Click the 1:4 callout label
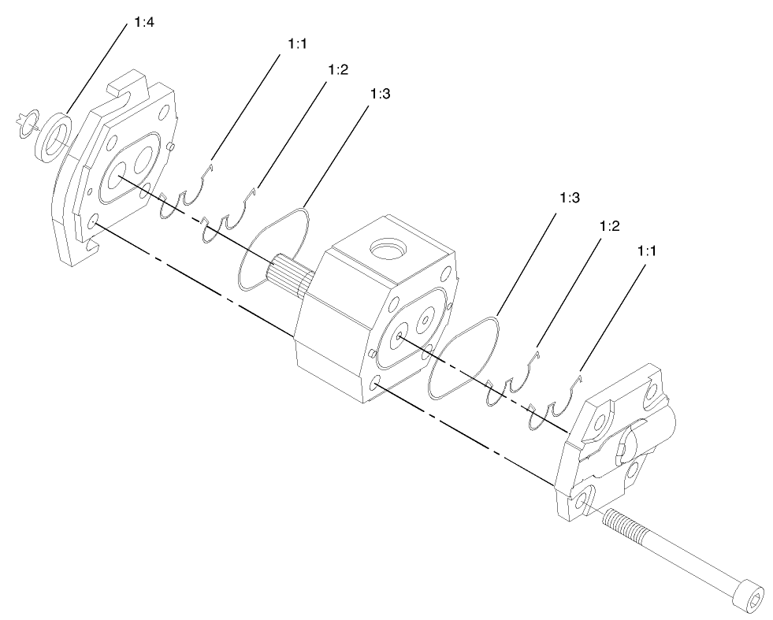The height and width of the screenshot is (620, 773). (x=143, y=22)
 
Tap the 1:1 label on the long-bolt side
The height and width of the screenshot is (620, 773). (x=646, y=251)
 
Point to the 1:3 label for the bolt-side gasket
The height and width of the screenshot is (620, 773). (x=569, y=199)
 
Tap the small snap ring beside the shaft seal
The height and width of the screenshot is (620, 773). (x=27, y=123)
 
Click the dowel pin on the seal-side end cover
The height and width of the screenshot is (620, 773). (x=171, y=147)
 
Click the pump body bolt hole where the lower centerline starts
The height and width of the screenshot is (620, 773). (x=375, y=384)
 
